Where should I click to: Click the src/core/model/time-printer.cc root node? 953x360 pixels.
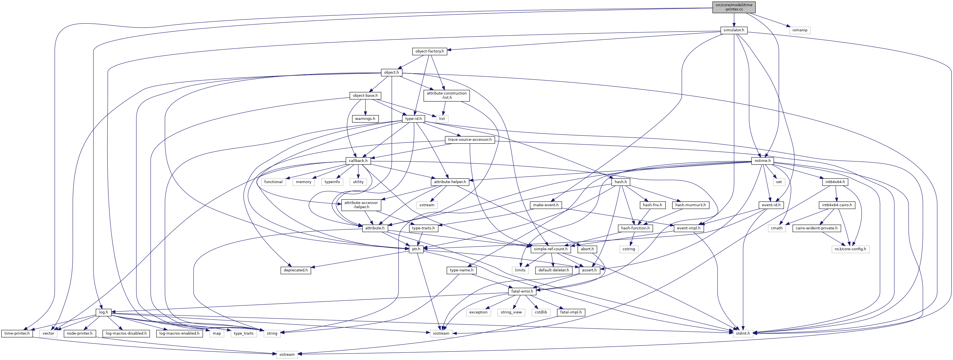734,7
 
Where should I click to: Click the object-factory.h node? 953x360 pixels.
429,51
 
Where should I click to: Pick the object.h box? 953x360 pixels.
391,73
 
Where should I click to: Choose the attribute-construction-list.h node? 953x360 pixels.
447,95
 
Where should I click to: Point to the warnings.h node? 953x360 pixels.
365,119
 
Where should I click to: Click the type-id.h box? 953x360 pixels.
413,119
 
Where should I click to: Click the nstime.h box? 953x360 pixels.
763,161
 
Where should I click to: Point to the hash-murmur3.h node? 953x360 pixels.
690,205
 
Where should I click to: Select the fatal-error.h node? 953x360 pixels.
522,291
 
